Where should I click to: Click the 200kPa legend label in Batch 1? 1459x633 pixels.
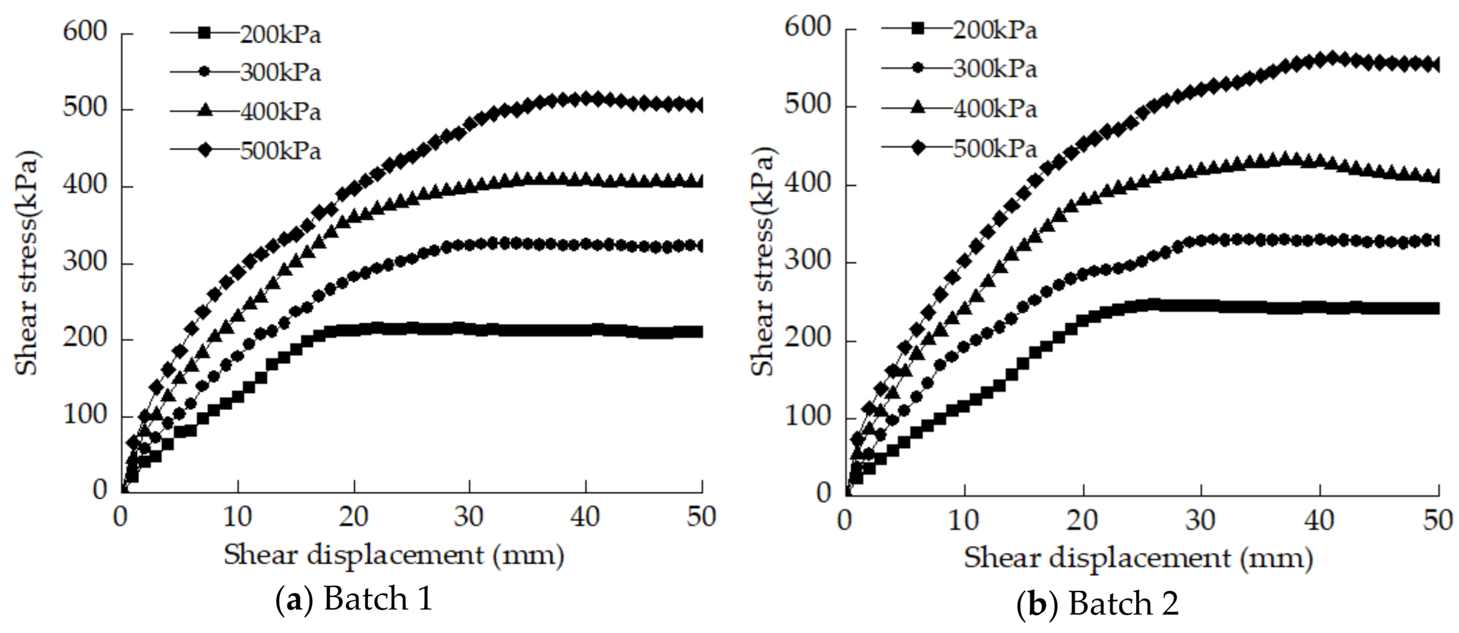pyautogui.click(x=280, y=34)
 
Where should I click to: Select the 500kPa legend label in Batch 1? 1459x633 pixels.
pyautogui.click(x=280, y=151)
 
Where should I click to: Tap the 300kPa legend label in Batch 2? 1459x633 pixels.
pyautogui.click(x=995, y=68)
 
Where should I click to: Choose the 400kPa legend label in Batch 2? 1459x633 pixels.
pyautogui.click(x=995, y=108)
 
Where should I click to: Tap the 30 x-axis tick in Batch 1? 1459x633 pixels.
pyautogui.click(x=470, y=516)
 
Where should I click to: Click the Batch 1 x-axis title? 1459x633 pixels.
pyautogui.click(x=394, y=555)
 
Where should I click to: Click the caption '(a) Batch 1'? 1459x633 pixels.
pyautogui.click(x=355, y=599)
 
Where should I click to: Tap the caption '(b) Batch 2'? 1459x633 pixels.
pyautogui.click(x=1098, y=604)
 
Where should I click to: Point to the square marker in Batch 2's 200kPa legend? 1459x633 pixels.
pyautogui.click(x=918, y=29)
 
